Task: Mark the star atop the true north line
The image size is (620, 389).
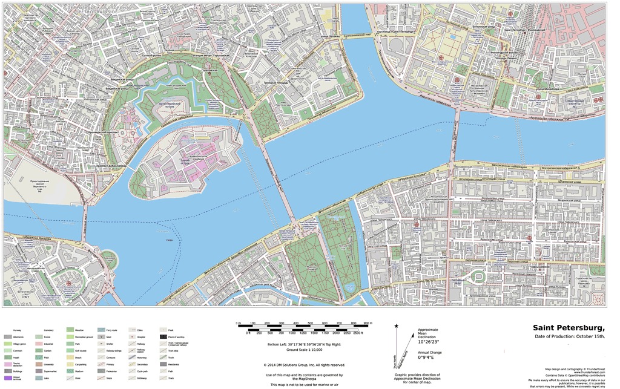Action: [x=395, y=326]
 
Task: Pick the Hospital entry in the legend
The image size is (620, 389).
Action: [x=141, y=337]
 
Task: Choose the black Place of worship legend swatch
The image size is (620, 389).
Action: [x=163, y=337]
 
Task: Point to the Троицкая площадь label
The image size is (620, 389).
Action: [x=275, y=83]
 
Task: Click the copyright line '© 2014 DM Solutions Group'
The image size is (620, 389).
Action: [x=305, y=365]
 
